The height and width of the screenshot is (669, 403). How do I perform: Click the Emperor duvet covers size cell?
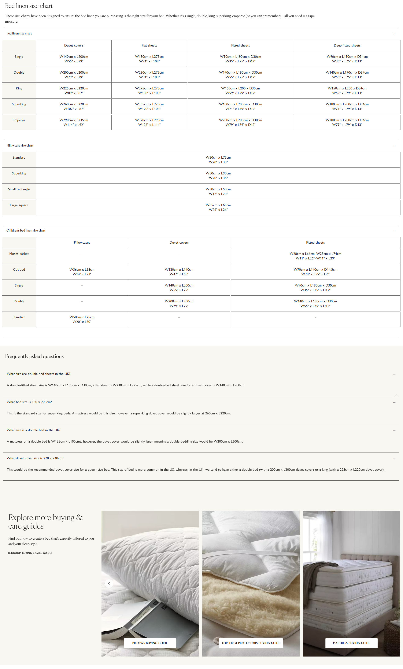click(x=74, y=122)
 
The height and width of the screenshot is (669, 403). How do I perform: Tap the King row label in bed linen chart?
click(x=19, y=89)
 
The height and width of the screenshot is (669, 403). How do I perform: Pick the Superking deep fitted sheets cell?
click(x=347, y=106)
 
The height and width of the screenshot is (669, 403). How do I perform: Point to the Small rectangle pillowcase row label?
click(x=19, y=189)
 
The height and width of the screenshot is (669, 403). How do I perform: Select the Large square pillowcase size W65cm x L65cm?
click(x=218, y=207)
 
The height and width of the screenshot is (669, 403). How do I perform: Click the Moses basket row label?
click(x=19, y=254)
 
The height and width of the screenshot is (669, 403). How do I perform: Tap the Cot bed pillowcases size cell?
click(x=82, y=272)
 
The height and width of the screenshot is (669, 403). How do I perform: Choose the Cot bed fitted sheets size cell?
click(x=315, y=272)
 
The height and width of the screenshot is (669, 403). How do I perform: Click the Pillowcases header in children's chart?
click(x=82, y=243)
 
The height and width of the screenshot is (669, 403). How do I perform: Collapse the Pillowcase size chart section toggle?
click(x=394, y=146)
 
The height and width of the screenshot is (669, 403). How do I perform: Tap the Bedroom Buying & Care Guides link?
click(x=30, y=553)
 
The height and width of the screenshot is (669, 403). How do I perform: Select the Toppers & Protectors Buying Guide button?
click(x=251, y=643)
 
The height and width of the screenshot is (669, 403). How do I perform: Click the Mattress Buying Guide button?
click(x=351, y=643)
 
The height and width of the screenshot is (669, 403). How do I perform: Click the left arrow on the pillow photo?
click(x=109, y=584)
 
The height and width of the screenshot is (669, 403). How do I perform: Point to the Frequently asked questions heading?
click(x=34, y=356)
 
